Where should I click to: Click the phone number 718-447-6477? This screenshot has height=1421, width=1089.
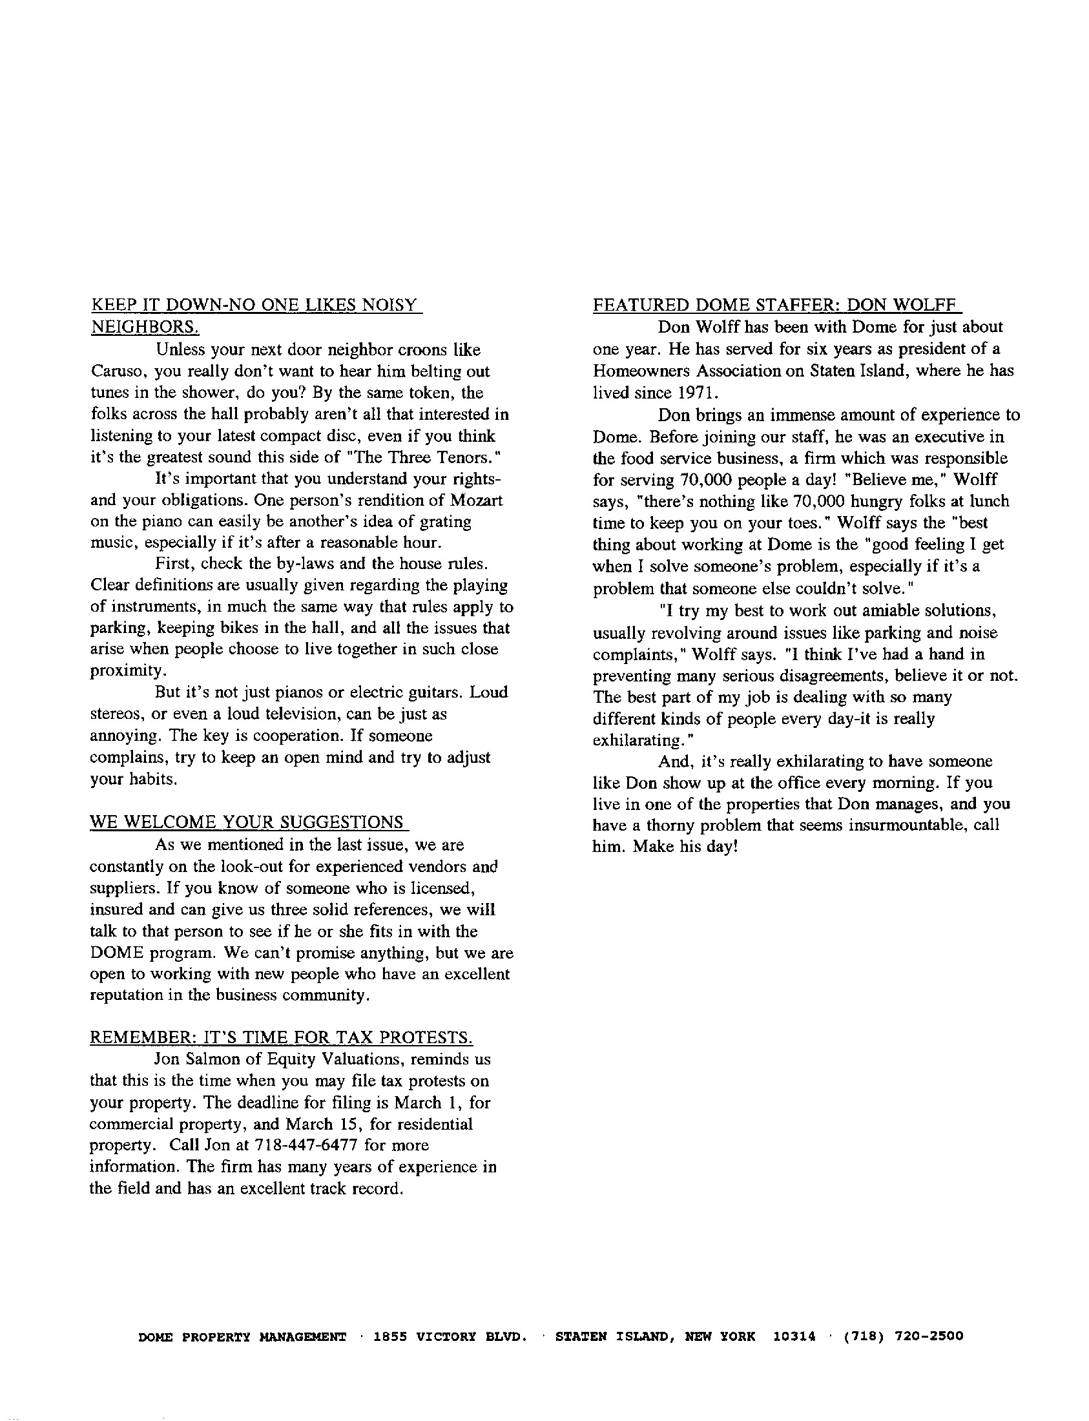[x=307, y=1145]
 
